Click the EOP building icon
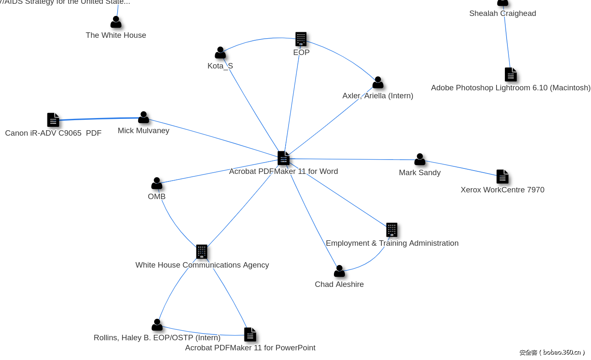(x=301, y=39)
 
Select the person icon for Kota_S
(x=220, y=53)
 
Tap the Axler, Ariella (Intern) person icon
(x=378, y=83)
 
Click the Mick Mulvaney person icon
(x=144, y=118)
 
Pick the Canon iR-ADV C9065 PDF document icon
(x=53, y=120)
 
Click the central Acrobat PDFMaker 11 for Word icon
(x=284, y=158)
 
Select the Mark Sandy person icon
(x=420, y=160)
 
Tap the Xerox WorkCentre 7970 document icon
(x=502, y=177)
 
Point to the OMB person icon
(x=157, y=184)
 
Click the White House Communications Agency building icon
(x=202, y=252)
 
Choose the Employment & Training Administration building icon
(x=391, y=230)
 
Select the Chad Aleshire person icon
(x=339, y=271)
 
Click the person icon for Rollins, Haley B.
(x=157, y=325)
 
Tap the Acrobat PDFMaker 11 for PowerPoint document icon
(x=250, y=335)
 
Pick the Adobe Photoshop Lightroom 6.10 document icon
(x=511, y=75)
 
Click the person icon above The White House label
(x=116, y=22)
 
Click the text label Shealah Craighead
(x=502, y=13)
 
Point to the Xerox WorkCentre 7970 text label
(x=502, y=190)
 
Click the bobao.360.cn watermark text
(x=552, y=352)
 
